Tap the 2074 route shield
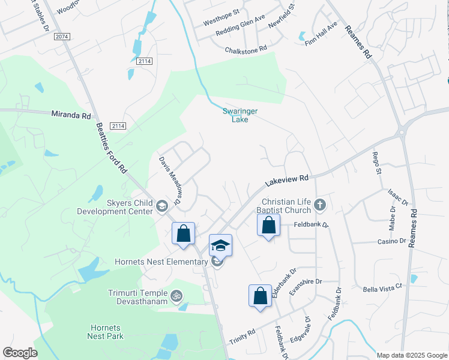click(x=61, y=37)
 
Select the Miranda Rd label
click(x=71, y=113)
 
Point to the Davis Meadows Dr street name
click(x=170, y=181)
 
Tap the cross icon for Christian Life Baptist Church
click(x=320, y=205)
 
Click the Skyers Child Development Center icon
click(x=161, y=207)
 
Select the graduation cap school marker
click(x=220, y=245)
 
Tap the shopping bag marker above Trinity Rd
click(x=260, y=296)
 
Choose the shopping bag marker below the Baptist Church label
click(x=268, y=226)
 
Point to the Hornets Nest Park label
click(x=106, y=332)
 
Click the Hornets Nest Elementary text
click(x=161, y=262)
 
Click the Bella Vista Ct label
click(x=382, y=289)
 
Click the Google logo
click(x=20, y=353)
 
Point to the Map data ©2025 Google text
click(x=411, y=355)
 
